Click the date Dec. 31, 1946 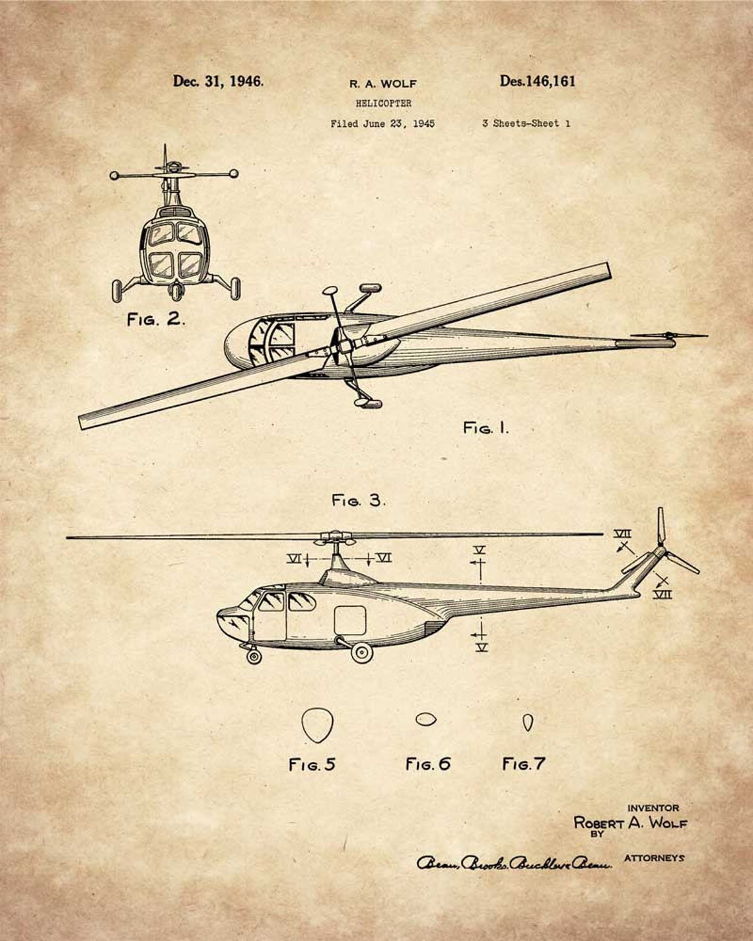pyautogui.click(x=218, y=81)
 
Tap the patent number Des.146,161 pyautogui.click(x=537, y=81)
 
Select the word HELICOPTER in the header pyautogui.click(x=383, y=103)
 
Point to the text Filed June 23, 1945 pyautogui.click(x=382, y=123)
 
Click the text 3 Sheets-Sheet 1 pyautogui.click(x=526, y=123)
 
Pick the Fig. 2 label pyautogui.click(x=156, y=320)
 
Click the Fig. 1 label pyautogui.click(x=486, y=428)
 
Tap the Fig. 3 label pyautogui.click(x=358, y=501)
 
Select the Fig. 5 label pyautogui.click(x=312, y=765)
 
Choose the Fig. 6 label pyautogui.click(x=427, y=764)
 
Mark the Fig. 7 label pyautogui.click(x=523, y=764)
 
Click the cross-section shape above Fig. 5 pyautogui.click(x=317, y=725)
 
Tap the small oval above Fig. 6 pyautogui.click(x=425, y=719)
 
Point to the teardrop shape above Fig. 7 pyautogui.click(x=527, y=722)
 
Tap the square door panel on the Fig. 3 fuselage pyautogui.click(x=350, y=620)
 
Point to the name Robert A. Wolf pyautogui.click(x=630, y=823)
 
